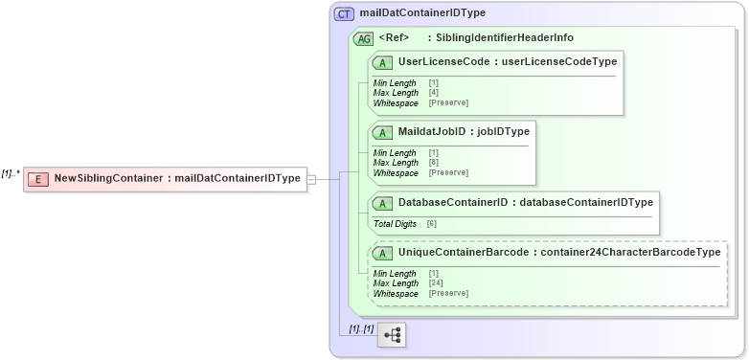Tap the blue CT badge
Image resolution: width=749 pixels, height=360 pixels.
[344, 14]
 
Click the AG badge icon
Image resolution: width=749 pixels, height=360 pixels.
[364, 38]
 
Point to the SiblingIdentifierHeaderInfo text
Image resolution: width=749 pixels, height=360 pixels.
[505, 38]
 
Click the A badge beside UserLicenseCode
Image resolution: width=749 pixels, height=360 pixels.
[383, 61]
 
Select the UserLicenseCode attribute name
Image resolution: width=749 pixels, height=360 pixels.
[447, 61]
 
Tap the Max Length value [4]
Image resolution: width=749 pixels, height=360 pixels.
[434, 92]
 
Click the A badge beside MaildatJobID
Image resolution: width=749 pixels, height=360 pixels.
[383, 131]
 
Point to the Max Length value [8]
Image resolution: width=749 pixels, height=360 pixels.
[434, 163]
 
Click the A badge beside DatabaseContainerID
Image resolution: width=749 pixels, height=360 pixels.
[383, 203]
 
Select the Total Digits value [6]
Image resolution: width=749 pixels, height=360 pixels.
[432, 223]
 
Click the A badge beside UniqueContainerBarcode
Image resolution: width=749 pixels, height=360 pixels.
[383, 252]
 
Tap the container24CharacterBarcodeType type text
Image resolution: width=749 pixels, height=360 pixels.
[629, 252]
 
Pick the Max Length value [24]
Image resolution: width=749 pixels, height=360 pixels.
[436, 283]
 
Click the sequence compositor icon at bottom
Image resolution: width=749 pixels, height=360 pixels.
[393, 334]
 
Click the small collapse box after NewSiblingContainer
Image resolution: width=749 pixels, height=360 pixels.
[310, 178]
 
